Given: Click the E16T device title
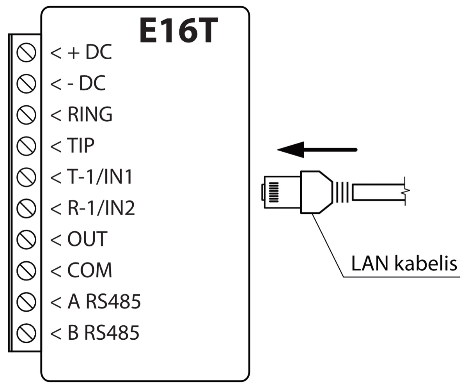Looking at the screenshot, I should click(x=178, y=30).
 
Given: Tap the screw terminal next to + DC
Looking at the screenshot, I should click(x=27, y=53).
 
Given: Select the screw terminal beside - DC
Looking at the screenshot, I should click(x=27, y=84).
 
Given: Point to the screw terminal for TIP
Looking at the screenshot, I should click(x=27, y=146).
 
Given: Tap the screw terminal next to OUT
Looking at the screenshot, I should click(x=27, y=239).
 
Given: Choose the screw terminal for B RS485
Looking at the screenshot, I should click(x=27, y=333).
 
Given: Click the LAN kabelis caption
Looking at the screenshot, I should click(x=404, y=264).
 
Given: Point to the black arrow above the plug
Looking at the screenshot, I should click(x=317, y=149).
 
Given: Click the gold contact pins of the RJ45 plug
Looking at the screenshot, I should click(x=274, y=192).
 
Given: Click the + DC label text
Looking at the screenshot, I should click(x=90, y=53).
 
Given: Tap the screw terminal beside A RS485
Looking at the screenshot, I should click(x=27, y=301).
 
